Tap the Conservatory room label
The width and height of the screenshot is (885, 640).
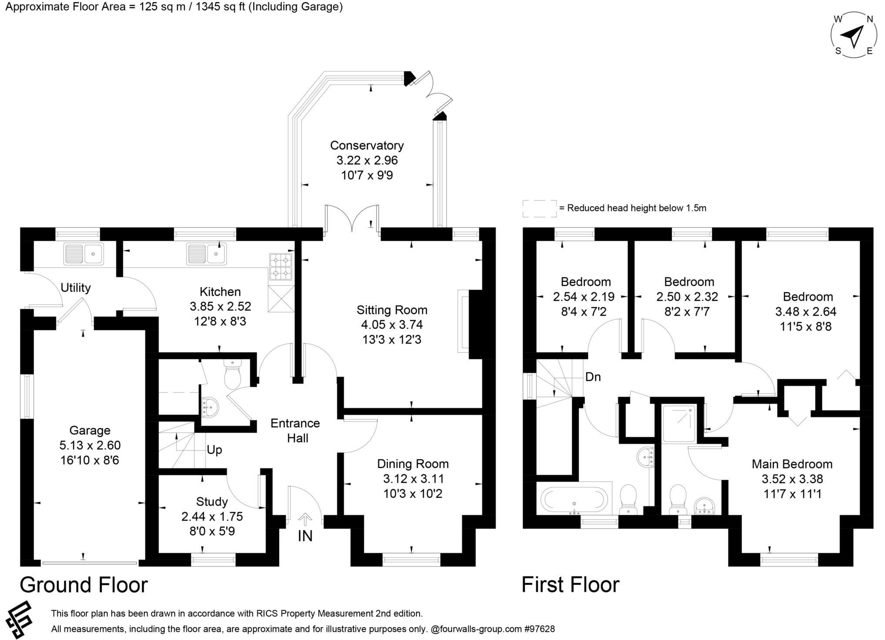point(367,145)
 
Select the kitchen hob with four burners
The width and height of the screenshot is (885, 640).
point(281,266)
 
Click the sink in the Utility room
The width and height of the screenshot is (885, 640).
point(83,254)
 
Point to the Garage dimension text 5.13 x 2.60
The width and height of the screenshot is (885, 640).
point(90,445)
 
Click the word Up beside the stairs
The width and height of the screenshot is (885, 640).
point(214,450)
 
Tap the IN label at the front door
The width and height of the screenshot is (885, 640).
point(305,536)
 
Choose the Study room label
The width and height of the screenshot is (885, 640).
point(212,502)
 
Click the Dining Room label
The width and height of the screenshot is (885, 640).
point(413,464)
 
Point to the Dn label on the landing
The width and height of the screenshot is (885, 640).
point(593,377)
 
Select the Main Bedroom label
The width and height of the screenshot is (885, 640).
point(792,464)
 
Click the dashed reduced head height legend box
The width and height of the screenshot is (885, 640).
point(540,209)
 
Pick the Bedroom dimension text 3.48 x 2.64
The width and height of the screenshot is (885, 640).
point(806,312)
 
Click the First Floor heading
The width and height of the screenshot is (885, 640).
point(571,585)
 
